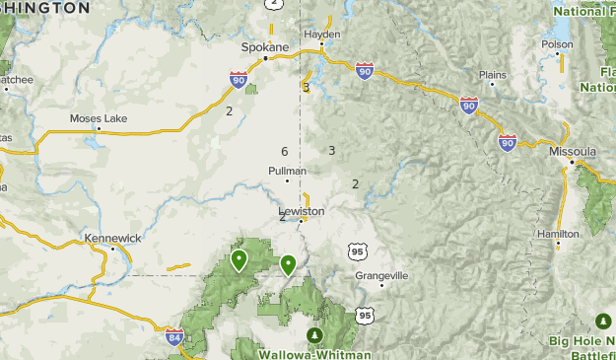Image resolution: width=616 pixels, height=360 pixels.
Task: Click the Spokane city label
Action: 265,46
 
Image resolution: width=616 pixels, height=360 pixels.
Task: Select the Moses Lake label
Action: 99,118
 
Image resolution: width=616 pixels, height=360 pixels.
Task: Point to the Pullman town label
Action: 287,170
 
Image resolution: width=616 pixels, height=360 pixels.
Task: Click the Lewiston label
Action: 302,210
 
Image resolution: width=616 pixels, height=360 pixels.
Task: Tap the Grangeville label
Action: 380,275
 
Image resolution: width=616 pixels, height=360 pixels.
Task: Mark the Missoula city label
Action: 573,151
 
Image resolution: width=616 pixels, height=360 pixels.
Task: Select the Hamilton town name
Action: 558,233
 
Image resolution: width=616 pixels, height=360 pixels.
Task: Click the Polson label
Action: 557,43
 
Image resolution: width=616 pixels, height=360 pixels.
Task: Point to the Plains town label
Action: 492,74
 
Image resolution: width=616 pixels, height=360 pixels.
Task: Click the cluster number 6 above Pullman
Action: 284,151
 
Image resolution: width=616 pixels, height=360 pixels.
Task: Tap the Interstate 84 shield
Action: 173,336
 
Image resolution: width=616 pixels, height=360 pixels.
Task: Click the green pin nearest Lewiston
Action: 288,264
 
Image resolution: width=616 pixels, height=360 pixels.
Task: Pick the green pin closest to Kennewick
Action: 239,260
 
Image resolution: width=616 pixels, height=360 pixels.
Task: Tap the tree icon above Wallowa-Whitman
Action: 314,335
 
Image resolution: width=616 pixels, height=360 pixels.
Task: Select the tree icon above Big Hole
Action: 602,322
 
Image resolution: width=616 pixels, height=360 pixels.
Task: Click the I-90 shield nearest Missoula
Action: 508,142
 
